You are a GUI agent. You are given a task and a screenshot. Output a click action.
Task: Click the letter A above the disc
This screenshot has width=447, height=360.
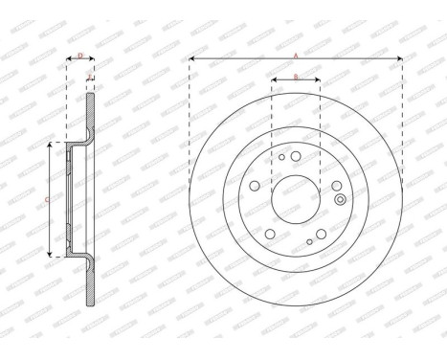click(295, 54)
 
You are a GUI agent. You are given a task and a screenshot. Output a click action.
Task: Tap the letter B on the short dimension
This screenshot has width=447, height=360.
click(295, 75)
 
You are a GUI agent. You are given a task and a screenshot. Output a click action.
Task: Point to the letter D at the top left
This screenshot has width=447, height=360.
click(79, 56)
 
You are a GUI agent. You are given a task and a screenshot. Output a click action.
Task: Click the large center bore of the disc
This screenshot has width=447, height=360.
click(295, 199)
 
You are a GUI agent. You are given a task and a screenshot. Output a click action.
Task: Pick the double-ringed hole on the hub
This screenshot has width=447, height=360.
click(340, 199)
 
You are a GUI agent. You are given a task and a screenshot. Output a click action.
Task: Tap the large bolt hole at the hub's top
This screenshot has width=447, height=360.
click(296, 157)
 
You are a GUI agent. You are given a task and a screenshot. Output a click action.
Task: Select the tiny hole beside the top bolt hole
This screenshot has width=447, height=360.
click(281, 155)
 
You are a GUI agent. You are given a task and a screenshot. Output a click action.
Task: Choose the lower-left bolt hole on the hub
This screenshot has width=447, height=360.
click(271, 234)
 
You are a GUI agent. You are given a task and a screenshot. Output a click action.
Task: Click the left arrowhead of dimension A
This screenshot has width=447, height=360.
click(192, 59)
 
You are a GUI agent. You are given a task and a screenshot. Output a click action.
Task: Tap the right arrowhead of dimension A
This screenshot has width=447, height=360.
click(398, 59)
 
